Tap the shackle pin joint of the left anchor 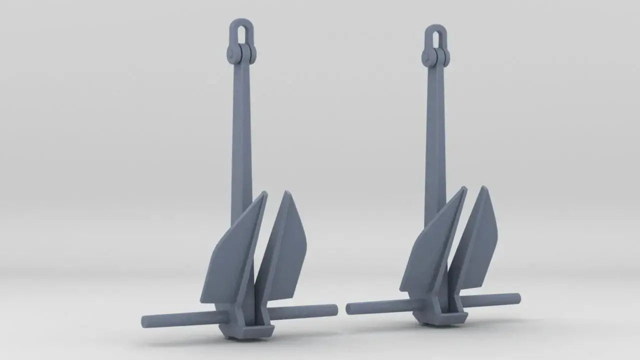tap(241, 53)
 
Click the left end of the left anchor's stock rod tap(145, 321)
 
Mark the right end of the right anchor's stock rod tap(517, 298)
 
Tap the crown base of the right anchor tap(442, 318)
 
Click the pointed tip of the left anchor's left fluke tap(264, 193)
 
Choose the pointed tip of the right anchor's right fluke tap(483, 188)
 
